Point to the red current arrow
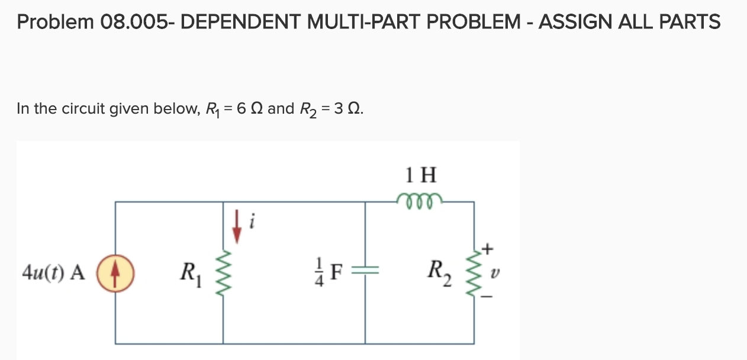237,228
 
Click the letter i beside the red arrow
252,222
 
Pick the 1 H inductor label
421,175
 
